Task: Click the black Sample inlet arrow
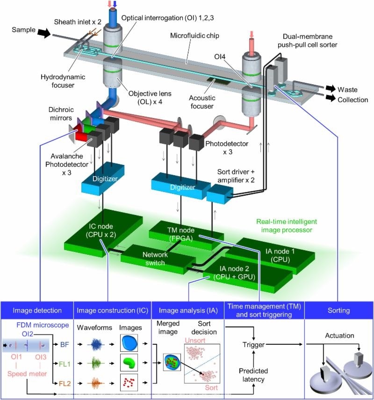pos(44,33)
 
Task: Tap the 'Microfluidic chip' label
pos(194,36)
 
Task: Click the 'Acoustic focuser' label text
pos(202,102)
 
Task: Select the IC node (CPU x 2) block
pos(103,232)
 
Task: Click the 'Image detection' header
pos(37,310)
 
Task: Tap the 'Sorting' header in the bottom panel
pos(338,310)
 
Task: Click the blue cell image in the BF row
pos(129,343)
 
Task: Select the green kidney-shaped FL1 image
pos(129,363)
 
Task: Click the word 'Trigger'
pos(253,345)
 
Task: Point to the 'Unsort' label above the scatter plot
pos(195,341)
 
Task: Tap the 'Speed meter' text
pos(27,374)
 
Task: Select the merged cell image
pos(172,362)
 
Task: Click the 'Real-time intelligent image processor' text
pos(287,226)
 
